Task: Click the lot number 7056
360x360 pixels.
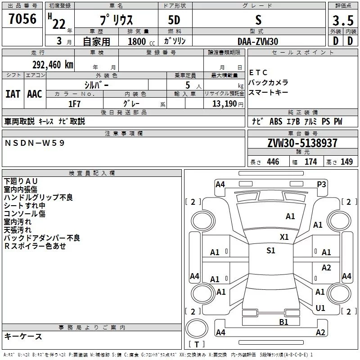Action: pos(22,19)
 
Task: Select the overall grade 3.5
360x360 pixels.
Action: pos(342,21)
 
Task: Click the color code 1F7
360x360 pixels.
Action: pos(74,103)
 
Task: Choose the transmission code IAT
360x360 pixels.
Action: pos(13,94)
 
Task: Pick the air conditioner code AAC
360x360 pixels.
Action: pos(35,94)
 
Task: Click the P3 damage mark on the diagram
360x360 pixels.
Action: pos(321,184)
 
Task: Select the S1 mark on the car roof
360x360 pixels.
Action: pos(270,251)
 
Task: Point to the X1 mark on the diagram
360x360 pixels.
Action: pos(284,237)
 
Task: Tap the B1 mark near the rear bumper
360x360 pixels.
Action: pos(283,322)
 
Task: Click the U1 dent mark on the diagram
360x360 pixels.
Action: pos(320,308)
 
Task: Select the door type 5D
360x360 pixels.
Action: pos(174,20)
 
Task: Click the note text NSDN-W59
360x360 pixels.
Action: pos(35,143)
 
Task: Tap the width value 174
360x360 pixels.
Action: pos(310,162)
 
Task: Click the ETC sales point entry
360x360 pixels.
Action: pos(258,72)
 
